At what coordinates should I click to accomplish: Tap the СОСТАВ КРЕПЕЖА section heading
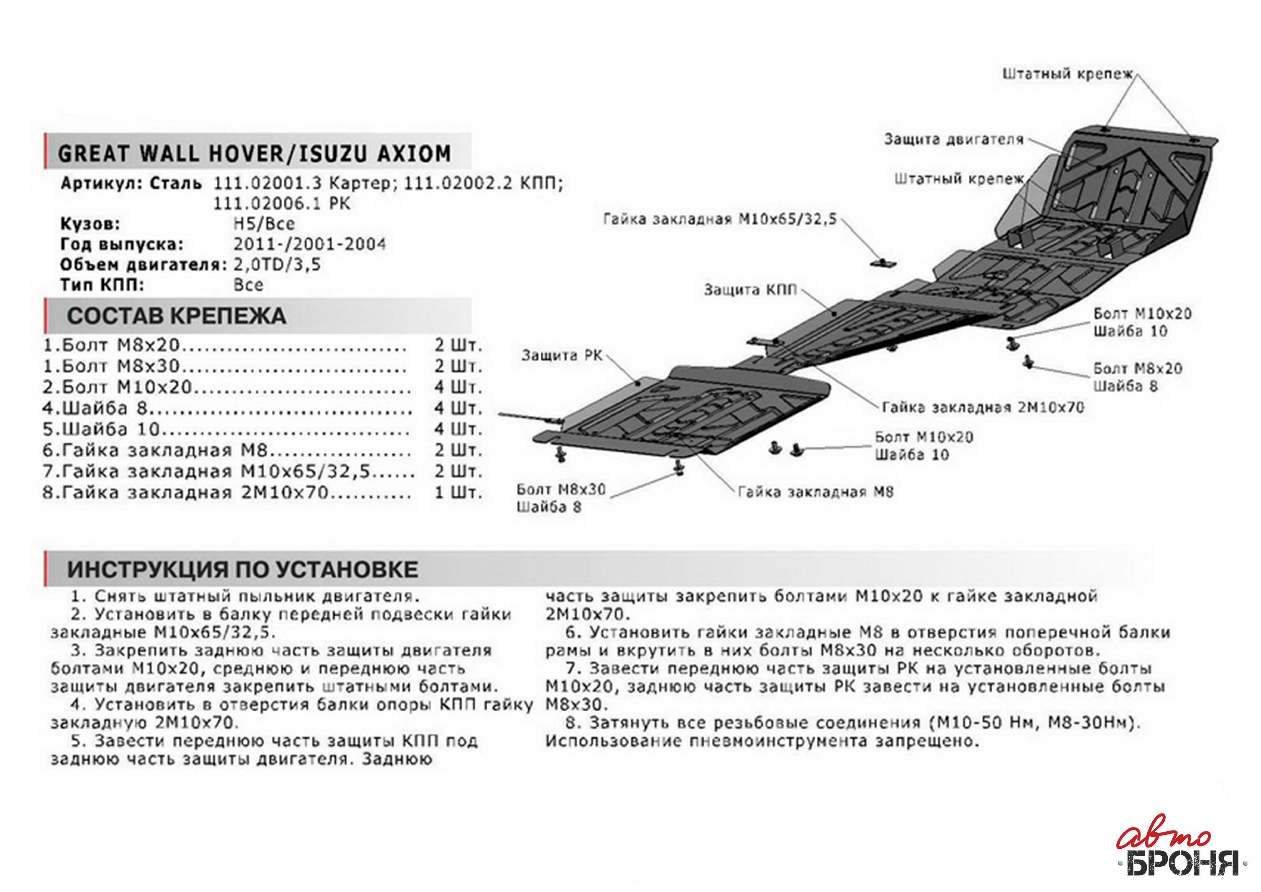click(x=176, y=316)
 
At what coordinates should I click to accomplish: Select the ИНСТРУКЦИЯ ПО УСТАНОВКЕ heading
click(x=242, y=569)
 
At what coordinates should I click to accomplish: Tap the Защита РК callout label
click(x=561, y=356)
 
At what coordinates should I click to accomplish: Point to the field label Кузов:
click(x=90, y=224)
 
